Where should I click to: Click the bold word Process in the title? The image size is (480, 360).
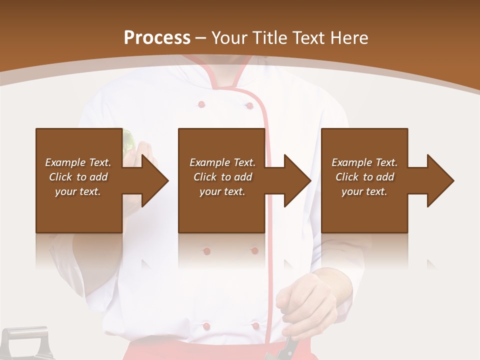(157, 38)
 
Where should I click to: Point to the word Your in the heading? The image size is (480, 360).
(230, 38)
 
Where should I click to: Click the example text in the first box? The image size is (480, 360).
(78, 177)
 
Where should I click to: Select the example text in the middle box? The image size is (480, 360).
(222, 177)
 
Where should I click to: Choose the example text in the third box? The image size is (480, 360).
(364, 177)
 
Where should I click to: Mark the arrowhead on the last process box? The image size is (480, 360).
(440, 180)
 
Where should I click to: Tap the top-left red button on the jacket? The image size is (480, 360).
(201, 104)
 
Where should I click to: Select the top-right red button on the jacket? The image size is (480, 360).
(248, 105)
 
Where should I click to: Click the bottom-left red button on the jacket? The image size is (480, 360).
(206, 326)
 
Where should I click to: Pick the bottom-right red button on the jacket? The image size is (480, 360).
(255, 326)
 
